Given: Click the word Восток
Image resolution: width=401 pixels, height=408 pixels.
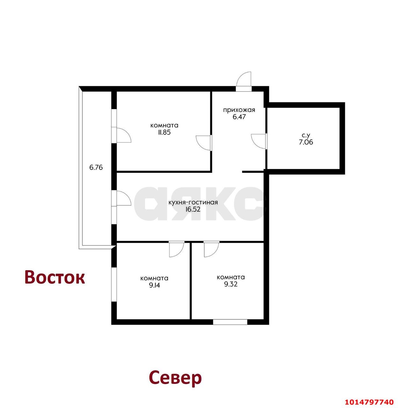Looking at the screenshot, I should pyautogui.click(x=55, y=277).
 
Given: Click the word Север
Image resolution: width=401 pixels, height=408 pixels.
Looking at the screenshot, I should pyautogui.click(x=175, y=378).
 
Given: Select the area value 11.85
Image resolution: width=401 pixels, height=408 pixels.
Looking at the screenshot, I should pyautogui.click(x=164, y=132).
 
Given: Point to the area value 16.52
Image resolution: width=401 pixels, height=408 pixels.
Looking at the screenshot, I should pyautogui.click(x=193, y=209).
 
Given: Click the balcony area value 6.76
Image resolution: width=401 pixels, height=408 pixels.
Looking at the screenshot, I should pyautogui.click(x=96, y=167).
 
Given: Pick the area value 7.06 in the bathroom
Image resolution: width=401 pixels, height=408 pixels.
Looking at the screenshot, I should pyautogui.click(x=305, y=142).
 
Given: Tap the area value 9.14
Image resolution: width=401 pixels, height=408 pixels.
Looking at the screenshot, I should pyautogui.click(x=154, y=285).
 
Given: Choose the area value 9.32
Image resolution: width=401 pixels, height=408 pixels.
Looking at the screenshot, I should pyautogui.click(x=230, y=284).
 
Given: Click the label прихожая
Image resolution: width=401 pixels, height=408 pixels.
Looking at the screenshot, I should pyautogui.click(x=239, y=110).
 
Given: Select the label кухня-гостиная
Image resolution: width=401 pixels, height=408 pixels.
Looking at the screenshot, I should pyautogui.click(x=193, y=202).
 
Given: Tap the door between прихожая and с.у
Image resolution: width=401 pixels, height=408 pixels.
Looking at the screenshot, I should pyautogui.click(x=259, y=141).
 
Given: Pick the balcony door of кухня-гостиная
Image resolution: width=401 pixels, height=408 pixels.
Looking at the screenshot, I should pyautogui.click(x=123, y=199).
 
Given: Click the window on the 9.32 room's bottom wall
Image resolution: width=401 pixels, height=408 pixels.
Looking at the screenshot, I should pyautogui.click(x=230, y=322).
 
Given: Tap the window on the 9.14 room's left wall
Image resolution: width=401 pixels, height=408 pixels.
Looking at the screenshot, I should pyautogui.click(x=114, y=284).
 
